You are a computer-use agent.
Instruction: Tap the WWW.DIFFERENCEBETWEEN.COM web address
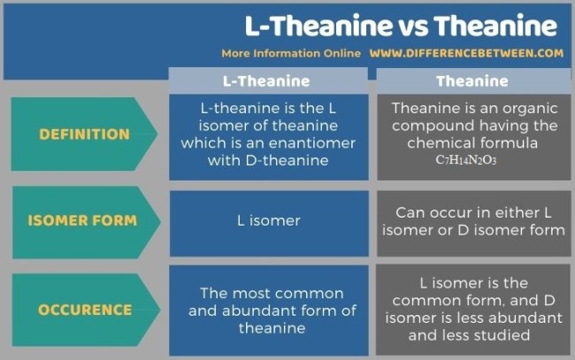(x=466, y=54)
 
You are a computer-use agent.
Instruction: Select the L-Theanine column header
(x=266, y=81)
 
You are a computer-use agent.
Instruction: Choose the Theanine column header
(x=472, y=81)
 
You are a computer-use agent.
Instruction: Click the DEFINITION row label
(x=84, y=134)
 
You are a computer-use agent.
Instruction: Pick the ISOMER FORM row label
(x=82, y=220)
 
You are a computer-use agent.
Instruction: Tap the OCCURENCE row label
(x=85, y=310)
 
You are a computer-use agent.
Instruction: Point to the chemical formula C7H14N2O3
(x=465, y=160)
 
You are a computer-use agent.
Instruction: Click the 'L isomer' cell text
(x=269, y=220)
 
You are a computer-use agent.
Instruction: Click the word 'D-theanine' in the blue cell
(x=287, y=160)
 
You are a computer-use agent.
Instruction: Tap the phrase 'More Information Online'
(x=291, y=54)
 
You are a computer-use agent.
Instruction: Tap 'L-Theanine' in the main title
(x=318, y=26)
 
